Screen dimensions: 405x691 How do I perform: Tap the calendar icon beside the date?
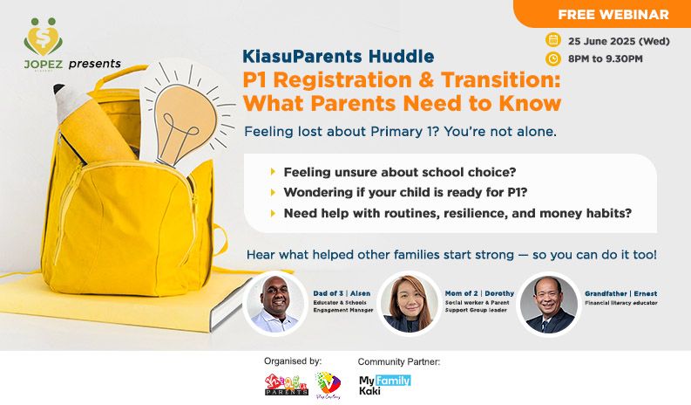click(552, 40)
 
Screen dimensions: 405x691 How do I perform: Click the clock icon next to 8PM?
click(552, 59)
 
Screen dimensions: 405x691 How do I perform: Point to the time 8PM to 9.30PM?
click(605, 59)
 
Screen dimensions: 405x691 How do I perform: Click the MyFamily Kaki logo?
click(384, 386)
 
